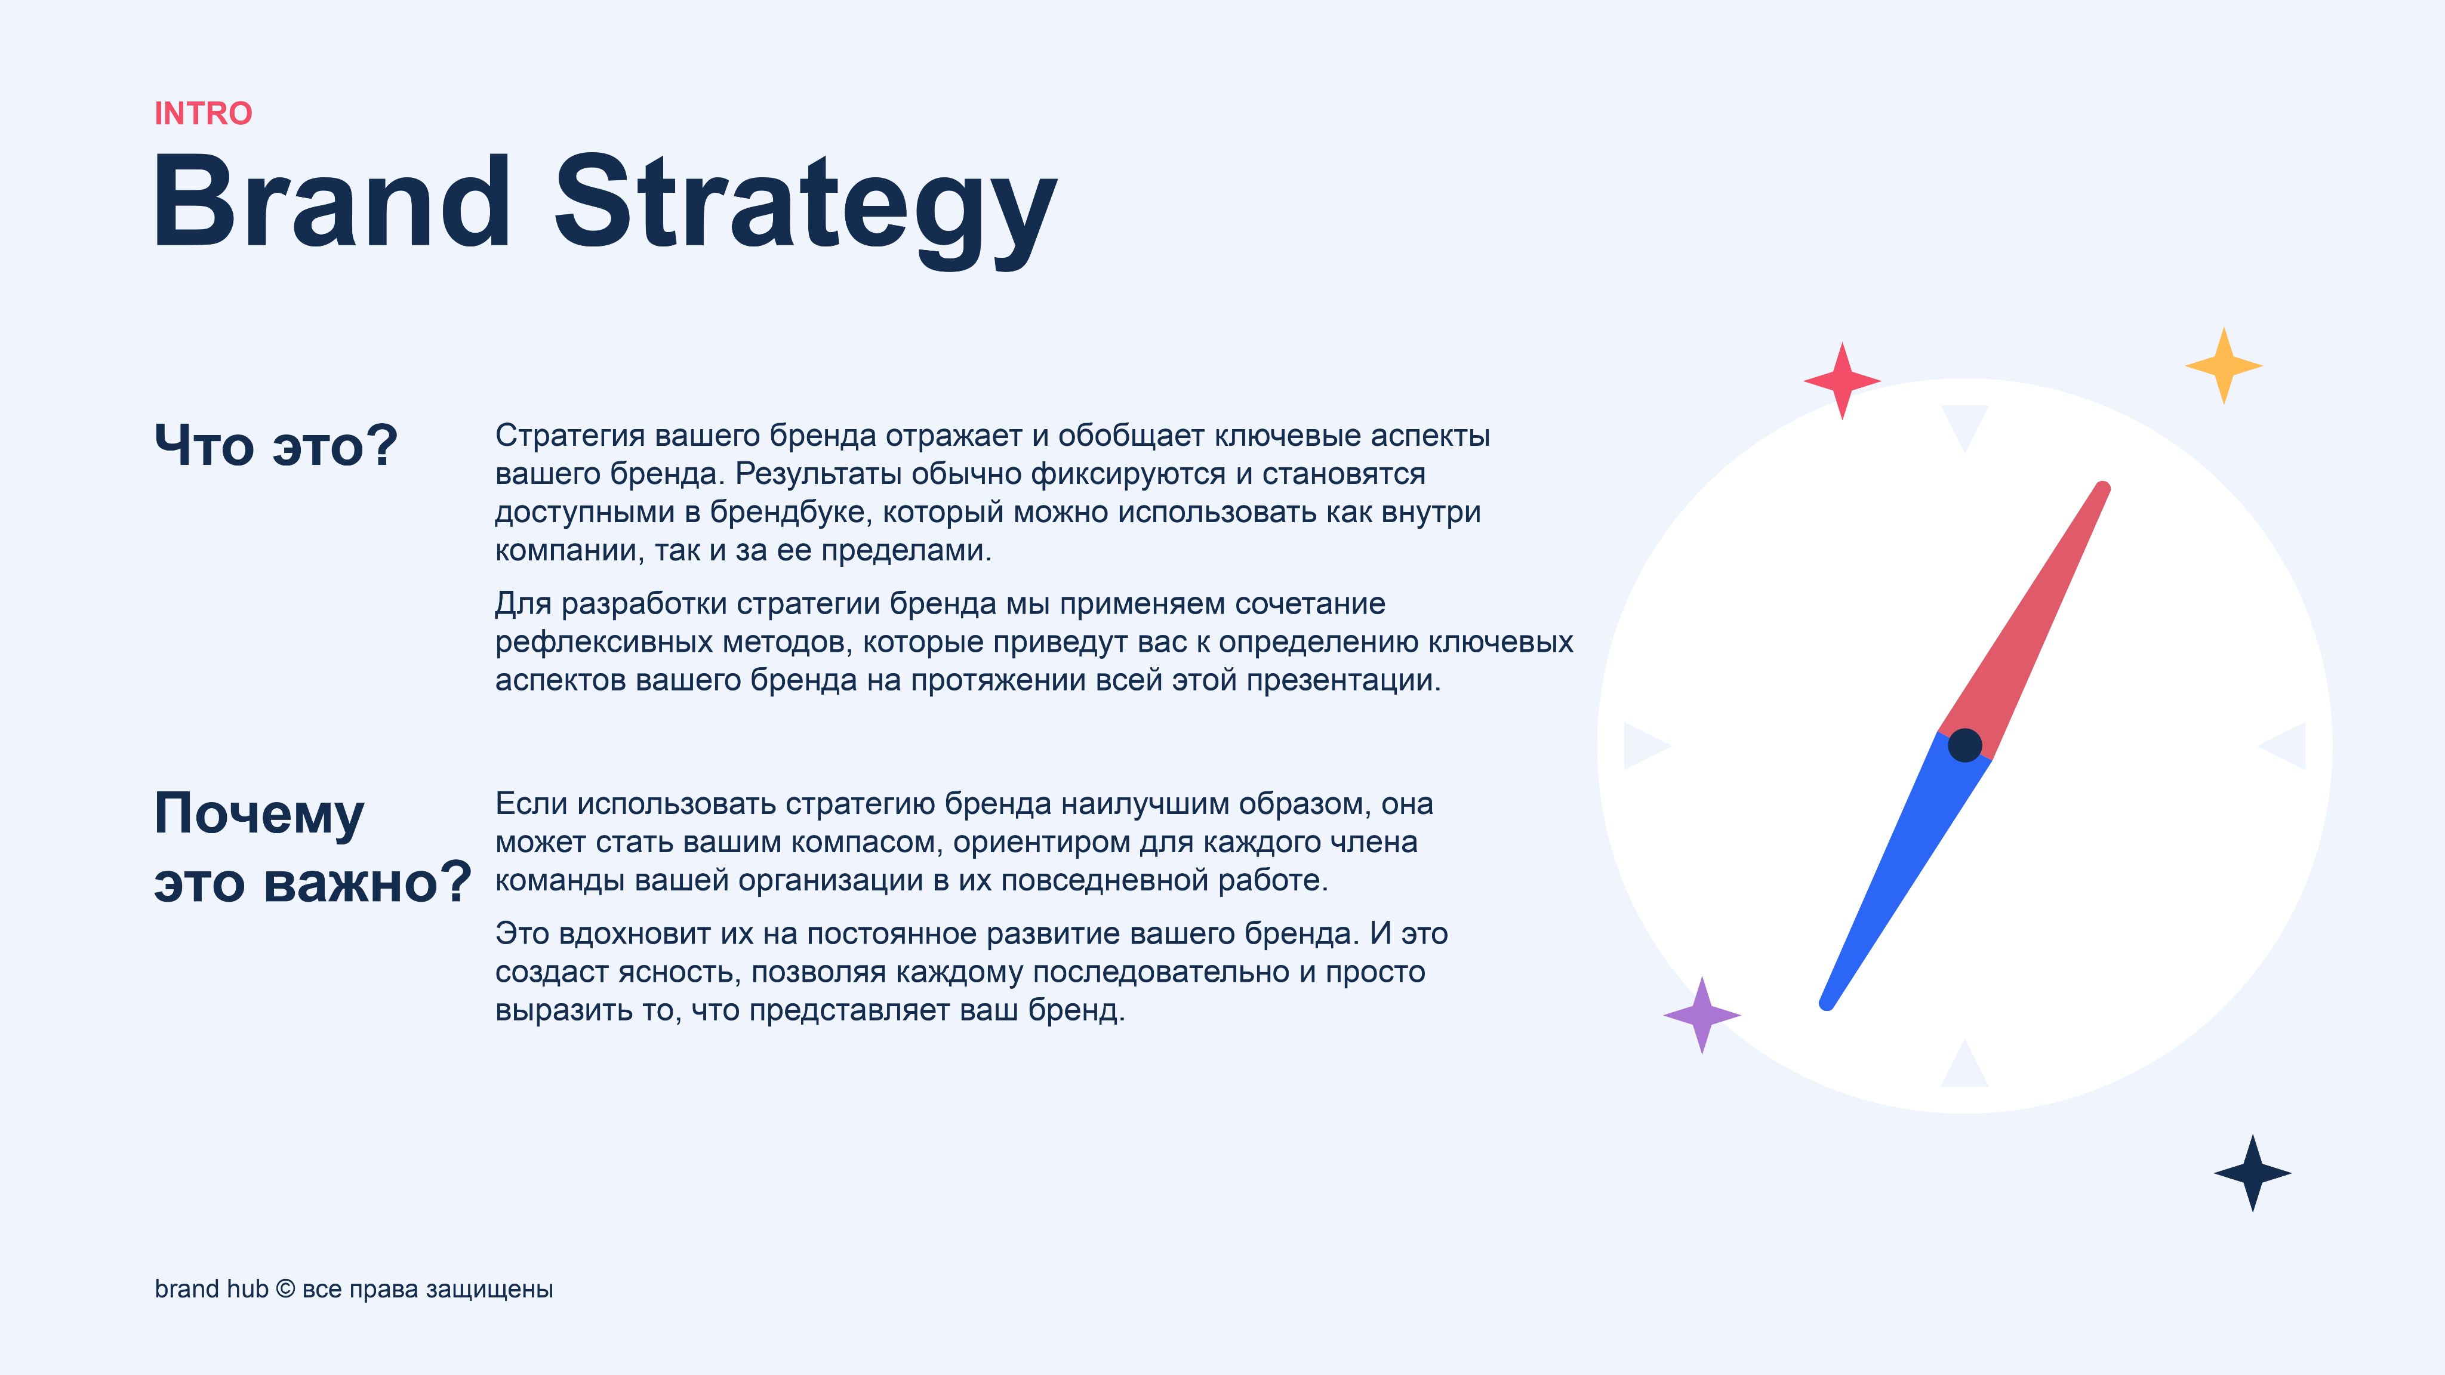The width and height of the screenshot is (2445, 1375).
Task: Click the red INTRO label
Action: [203, 114]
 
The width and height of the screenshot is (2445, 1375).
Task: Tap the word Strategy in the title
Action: [806, 211]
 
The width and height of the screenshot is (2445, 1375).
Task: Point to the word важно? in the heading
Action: [367, 883]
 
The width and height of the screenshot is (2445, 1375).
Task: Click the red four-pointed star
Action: [1842, 381]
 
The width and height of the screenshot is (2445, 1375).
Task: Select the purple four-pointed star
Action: [1702, 1015]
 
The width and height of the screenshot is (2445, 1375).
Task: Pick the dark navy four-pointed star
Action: [2252, 1173]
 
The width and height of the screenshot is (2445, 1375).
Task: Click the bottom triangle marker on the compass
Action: [1964, 1065]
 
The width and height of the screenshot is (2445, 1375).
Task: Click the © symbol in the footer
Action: [285, 1288]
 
